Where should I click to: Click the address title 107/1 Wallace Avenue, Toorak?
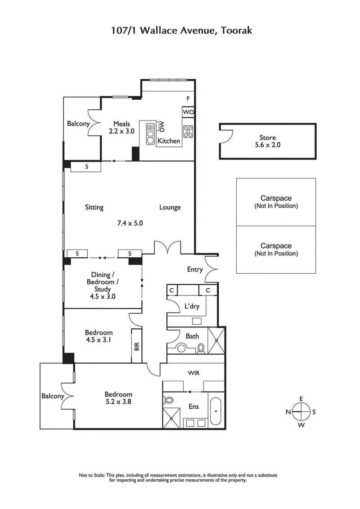pyautogui.click(x=182, y=31)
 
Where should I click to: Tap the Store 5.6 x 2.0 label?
pyautogui.click(x=267, y=141)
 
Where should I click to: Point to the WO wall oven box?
pyautogui.click(x=188, y=112)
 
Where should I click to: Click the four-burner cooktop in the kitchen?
pyautogui.click(x=188, y=132)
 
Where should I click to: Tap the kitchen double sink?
pyautogui.click(x=150, y=133)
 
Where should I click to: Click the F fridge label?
pyautogui.click(x=188, y=98)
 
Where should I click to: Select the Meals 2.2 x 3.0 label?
pyautogui.click(x=121, y=127)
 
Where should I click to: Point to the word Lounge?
pyautogui.click(x=170, y=207)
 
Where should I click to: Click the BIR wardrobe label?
pyautogui.click(x=136, y=346)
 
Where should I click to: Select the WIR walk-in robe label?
pyautogui.click(x=194, y=373)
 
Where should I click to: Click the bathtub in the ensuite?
pyautogui.click(x=216, y=411)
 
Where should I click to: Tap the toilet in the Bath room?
pyautogui.click(x=201, y=348)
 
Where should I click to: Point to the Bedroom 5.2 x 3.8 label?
pyautogui.click(x=115, y=398)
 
